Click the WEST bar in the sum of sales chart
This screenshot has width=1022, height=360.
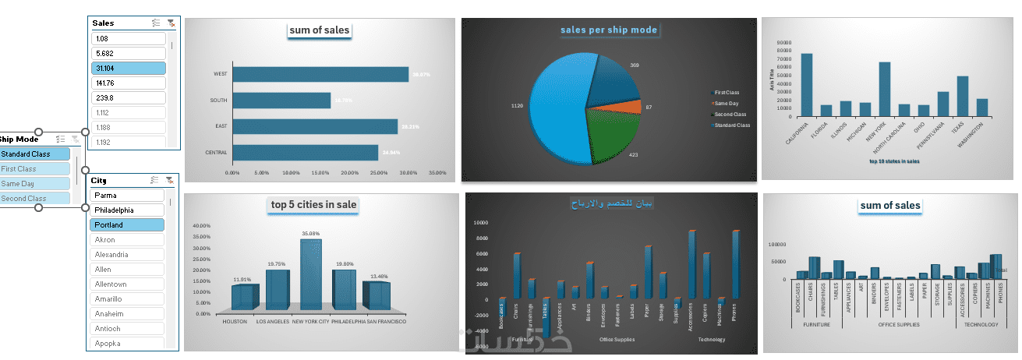(x=320, y=74)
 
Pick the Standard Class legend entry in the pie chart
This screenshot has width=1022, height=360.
(x=730, y=125)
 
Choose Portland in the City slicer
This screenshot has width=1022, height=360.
(x=127, y=224)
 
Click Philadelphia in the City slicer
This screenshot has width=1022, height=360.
(x=127, y=210)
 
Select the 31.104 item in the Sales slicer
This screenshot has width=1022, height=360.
(x=129, y=68)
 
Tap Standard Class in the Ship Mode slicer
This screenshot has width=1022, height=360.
(x=35, y=154)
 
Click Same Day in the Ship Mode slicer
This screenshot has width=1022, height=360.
(x=35, y=184)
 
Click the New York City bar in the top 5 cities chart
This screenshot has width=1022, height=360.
(x=310, y=277)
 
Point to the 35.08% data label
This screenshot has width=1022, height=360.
(x=310, y=233)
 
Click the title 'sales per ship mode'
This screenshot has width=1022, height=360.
(x=609, y=30)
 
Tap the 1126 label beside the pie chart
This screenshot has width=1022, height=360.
(x=517, y=105)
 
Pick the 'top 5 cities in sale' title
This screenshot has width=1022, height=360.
(x=313, y=205)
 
